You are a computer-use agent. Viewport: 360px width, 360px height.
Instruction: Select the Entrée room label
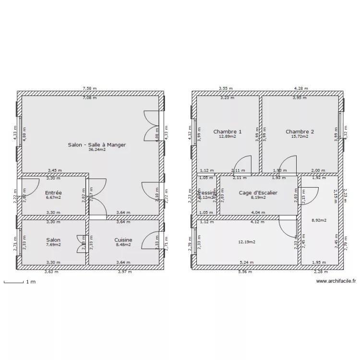pyautogui.click(x=53, y=192)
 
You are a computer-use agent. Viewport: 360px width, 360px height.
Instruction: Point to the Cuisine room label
pyautogui.click(x=123, y=240)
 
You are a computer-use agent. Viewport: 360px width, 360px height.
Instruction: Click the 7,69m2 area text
pyautogui.click(x=53, y=245)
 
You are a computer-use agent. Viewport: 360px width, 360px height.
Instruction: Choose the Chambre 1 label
pyautogui.click(x=228, y=132)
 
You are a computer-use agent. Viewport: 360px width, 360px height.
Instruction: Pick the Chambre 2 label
pyautogui.click(x=300, y=132)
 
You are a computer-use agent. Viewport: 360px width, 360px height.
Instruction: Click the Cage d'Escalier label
pyautogui.click(x=258, y=192)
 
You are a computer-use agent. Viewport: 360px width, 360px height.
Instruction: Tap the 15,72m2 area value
pyautogui.click(x=300, y=137)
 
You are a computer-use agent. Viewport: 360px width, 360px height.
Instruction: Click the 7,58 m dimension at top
pyautogui.click(x=90, y=88)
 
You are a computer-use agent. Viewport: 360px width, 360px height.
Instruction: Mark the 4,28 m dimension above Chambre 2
pyautogui.click(x=301, y=88)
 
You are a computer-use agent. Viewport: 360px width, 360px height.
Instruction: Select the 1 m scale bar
pyautogui.click(x=14, y=282)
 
